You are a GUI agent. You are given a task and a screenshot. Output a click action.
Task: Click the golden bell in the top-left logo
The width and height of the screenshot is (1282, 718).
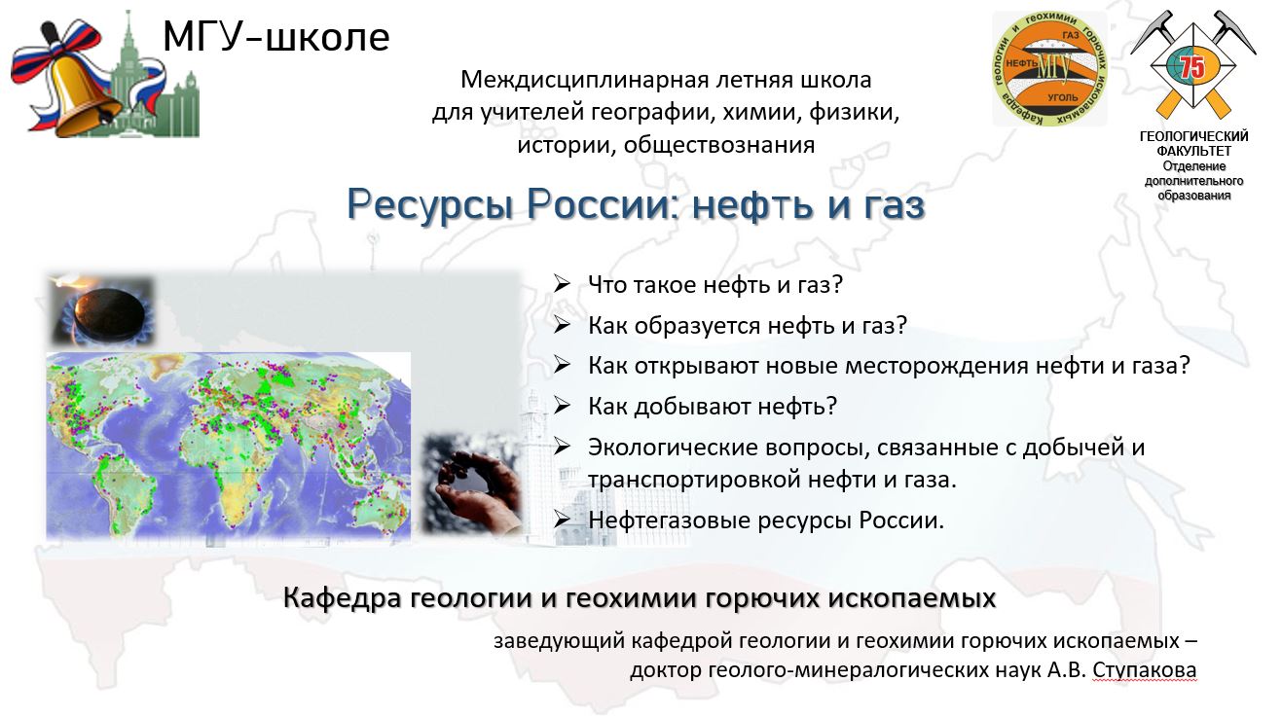pyautogui.click(x=86, y=92)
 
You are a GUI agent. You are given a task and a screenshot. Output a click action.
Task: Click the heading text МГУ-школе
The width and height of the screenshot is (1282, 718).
pyautogui.click(x=276, y=37)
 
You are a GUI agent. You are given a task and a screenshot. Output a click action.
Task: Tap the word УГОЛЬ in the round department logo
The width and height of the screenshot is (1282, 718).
pyautogui.click(x=1062, y=97)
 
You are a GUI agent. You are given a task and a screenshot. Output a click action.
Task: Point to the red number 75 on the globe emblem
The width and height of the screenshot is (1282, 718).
pyautogui.click(x=1192, y=68)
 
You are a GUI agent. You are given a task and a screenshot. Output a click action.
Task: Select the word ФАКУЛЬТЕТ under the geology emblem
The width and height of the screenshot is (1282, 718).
pyautogui.click(x=1193, y=151)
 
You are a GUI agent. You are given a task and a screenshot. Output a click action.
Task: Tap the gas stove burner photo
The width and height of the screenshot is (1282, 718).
pyautogui.click(x=103, y=310)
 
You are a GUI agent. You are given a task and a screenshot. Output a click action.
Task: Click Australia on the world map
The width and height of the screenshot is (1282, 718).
pyautogui.click(x=377, y=511)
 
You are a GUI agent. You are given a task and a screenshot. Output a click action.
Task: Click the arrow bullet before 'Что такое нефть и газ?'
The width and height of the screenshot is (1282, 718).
pyautogui.click(x=562, y=284)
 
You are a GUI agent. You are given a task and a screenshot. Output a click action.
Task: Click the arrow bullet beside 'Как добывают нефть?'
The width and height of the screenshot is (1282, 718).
pyautogui.click(x=562, y=406)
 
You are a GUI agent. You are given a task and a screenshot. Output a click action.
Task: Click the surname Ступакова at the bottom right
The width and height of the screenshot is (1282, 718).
pyautogui.click(x=1144, y=670)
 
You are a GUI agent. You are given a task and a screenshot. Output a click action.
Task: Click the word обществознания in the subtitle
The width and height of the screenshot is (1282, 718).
pyautogui.click(x=718, y=145)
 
